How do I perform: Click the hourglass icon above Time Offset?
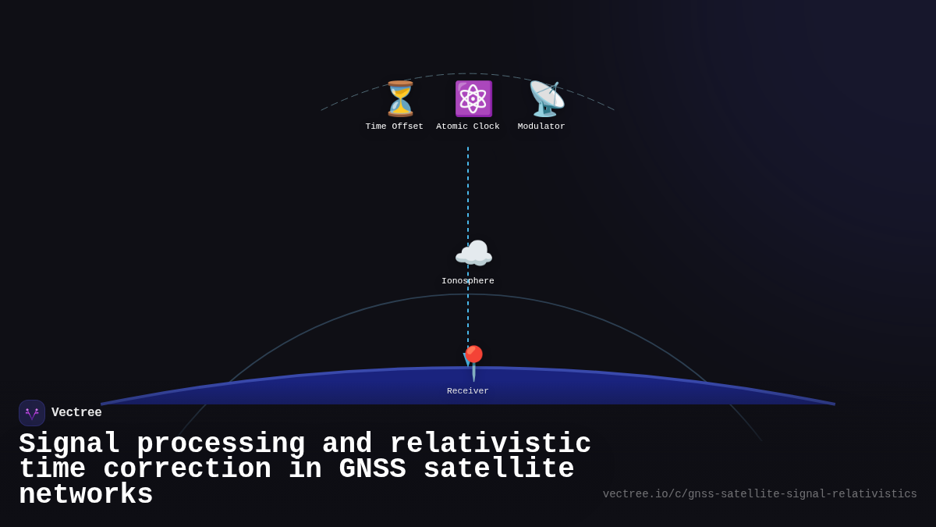[x=400, y=99]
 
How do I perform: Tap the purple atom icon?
[x=473, y=99]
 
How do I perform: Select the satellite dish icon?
[x=546, y=99]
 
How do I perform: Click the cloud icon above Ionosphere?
[x=473, y=254]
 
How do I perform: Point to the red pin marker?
[x=473, y=362]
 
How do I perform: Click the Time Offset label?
[x=395, y=126]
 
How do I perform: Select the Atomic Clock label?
[x=468, y=126]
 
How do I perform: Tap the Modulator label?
[x=541, y=126]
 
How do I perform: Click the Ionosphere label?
[x=468, y=281]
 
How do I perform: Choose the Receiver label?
[x=468, y=391]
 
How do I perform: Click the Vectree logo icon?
[x=32, y=413]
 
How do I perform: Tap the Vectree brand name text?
[x=76, y=413]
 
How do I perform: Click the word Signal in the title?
[x=69, y=443]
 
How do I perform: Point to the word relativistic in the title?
[x=491, y=443]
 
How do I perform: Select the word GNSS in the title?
[x=372, y=469]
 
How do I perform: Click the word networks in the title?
[x=86, y=495]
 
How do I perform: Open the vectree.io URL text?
[x=760, y=494]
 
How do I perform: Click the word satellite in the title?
[x=498, y=469]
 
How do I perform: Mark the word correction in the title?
[x=187, y=469]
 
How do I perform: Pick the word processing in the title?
[x=221, y=443]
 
